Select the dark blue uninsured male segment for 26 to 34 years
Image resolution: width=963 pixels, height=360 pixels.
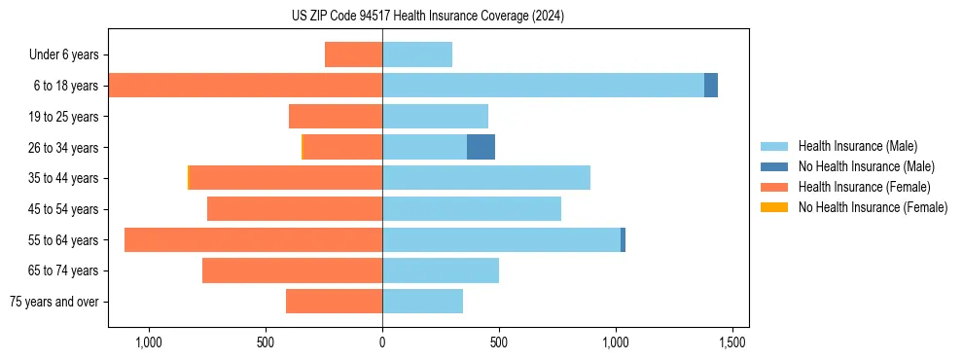[481, 147]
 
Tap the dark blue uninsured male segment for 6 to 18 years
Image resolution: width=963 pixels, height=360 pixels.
[711, 86]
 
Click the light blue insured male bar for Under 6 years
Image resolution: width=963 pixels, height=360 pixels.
[417, 54]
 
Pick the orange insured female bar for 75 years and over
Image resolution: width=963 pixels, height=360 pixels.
[334, 302]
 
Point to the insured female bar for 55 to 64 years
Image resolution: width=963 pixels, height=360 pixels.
[253, 239]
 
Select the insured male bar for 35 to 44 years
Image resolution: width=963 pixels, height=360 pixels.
[486, 178]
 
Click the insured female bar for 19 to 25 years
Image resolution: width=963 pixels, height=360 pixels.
[336, 117]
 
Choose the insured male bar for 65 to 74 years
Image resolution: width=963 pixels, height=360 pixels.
[441, 270]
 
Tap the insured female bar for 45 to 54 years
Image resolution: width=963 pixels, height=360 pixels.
[295, 209]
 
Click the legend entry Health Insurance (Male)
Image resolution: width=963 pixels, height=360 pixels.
[857, 146]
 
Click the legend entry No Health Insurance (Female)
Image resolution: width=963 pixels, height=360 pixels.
[873, 207]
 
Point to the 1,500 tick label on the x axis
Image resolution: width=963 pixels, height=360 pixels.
[732, 343]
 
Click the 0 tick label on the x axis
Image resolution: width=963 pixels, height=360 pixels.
[382, 343]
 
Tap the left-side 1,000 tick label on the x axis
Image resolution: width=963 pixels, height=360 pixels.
[149, 343]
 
